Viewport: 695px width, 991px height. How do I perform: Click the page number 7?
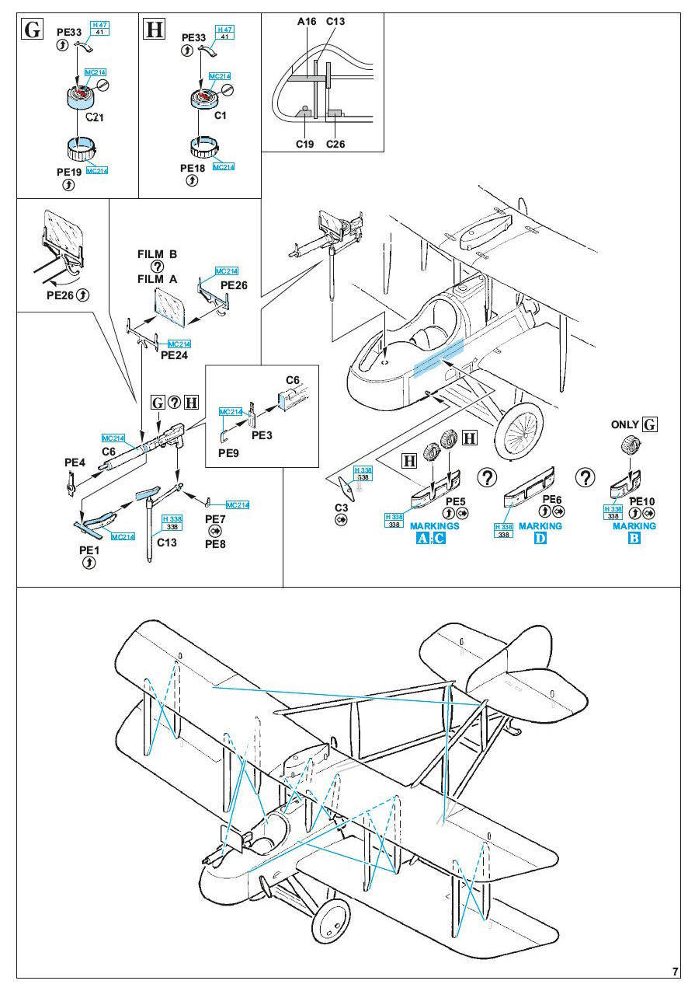675,972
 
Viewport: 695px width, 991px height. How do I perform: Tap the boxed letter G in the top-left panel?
33,30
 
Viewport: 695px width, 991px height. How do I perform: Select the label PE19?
69,172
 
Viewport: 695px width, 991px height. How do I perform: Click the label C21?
94,117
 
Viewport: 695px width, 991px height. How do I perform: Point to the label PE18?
193,168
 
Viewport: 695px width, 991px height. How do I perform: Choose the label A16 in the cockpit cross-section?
307,21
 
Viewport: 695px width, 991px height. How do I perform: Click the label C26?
335,144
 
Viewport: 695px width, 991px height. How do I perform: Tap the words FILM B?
157,254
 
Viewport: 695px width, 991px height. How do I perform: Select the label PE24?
174,355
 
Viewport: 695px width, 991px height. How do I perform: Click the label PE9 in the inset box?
228,453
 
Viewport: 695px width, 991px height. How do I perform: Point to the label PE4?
75,462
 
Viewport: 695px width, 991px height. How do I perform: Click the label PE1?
89,550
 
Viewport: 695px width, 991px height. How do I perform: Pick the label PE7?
215,519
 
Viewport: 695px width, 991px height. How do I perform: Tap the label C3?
342,508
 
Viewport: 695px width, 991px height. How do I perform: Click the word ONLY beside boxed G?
624,424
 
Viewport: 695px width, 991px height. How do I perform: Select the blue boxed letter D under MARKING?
540,538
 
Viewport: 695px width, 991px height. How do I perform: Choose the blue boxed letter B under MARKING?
634,538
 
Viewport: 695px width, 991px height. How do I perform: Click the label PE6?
552,499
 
